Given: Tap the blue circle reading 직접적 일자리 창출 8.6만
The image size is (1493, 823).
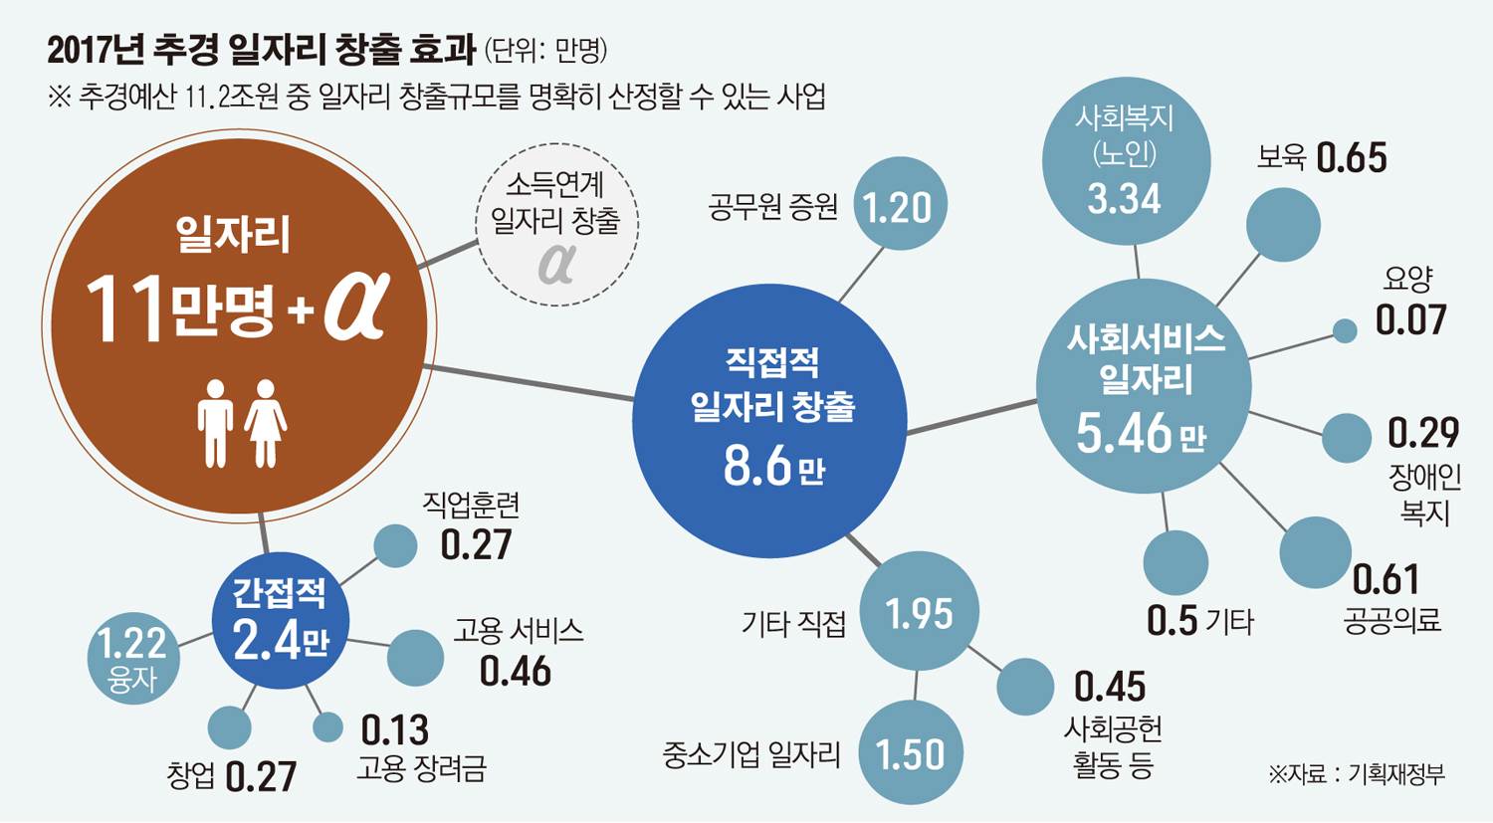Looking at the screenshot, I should [769, 419].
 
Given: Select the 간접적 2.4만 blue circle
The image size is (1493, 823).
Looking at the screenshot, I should [281, 620].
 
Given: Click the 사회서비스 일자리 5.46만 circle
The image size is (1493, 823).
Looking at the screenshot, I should [1144, 386].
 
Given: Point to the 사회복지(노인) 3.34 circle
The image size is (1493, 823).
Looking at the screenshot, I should [1126, 160].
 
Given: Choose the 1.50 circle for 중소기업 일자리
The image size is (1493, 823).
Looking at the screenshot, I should [910, 753].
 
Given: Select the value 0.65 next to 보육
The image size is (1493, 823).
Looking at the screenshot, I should [1351, 158].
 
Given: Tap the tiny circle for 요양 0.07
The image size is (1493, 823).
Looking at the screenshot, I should [1345, 331].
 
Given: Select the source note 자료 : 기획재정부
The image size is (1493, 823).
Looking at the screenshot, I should [1357, 774].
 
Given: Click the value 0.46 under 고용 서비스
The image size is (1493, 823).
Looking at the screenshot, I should [515, 672].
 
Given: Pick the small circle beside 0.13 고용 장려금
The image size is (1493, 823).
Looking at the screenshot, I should [327, 727].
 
